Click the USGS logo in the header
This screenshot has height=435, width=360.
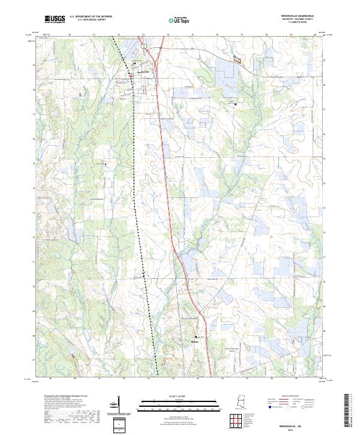[x=55, y=19]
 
